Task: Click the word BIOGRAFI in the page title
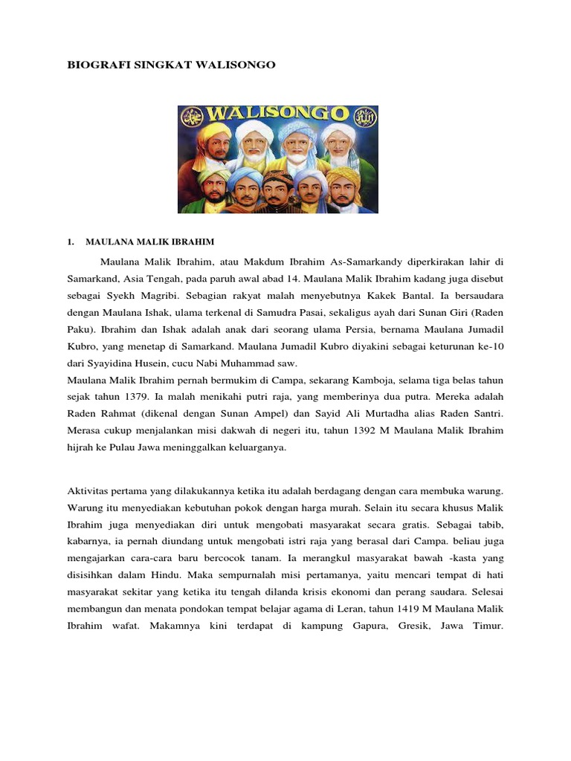(95, 65)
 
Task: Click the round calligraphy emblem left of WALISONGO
(192, 116)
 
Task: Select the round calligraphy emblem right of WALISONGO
(364, 116)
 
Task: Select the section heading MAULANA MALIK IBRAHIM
(150, 242)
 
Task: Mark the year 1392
(375, 432)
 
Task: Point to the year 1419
(401, 611)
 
